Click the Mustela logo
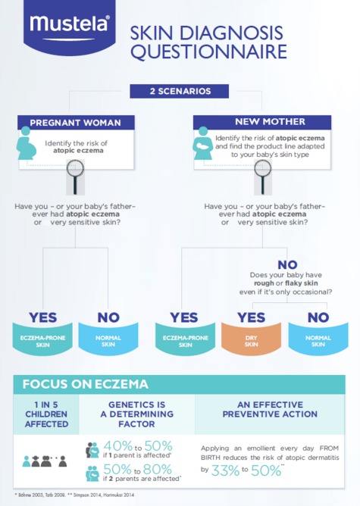70,27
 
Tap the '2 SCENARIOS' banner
179,91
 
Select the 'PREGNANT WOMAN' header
76,123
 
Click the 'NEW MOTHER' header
262,122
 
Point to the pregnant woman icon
26,143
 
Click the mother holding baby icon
203,143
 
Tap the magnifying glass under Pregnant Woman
75,176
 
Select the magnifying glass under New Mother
262,176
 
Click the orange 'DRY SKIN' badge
251,338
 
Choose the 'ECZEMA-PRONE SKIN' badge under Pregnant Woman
42,338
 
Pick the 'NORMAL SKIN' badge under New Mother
318,338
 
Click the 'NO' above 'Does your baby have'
287,265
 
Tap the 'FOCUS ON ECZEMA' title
85,384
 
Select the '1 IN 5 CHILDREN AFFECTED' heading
46,414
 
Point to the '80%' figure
157,469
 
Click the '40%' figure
117,445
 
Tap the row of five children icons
44,461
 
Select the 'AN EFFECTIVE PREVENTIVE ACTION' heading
270,409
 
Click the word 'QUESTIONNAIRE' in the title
208,52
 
